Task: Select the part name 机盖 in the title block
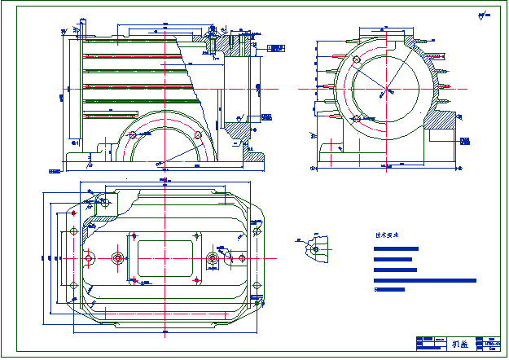coord(460,344)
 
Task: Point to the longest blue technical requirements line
coord(424,280)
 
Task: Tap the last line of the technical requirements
coord(389,289)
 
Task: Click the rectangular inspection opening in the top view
coord(165,258)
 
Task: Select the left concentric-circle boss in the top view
coord(119,259)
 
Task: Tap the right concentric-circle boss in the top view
coord(212,259)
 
